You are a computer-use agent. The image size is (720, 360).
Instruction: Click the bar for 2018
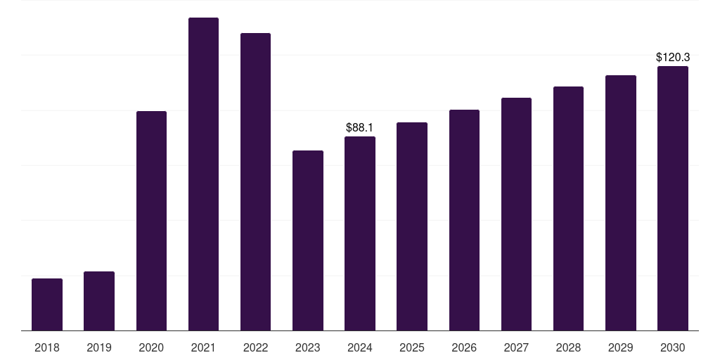[47, 304]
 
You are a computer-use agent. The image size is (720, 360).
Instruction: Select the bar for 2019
[99, 301]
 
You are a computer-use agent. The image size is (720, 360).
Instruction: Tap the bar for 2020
[151, 221]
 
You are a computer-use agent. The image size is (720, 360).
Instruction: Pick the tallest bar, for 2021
[203, 174]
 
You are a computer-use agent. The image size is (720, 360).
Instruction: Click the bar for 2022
[255, 182]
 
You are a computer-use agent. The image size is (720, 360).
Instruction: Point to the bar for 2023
[308, 240]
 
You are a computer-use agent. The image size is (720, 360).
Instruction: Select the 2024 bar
[360, 233]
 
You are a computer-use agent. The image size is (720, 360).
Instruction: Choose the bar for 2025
[412, 226]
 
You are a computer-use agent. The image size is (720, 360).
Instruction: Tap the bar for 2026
[464, 220]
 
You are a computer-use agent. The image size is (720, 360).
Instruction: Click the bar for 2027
[516, 214]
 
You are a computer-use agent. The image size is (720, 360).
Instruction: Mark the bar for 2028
[568, 209]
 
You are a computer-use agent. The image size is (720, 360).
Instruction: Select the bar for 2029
[621, 203]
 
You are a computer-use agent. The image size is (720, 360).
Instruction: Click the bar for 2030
[673, 198]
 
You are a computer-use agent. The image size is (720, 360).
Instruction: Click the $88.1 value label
[359, 127]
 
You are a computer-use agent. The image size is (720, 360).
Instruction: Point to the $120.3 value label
[672, 57]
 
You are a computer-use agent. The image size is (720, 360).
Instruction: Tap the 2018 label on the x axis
[47, 347]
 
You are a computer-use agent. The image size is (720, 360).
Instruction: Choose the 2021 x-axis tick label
[203, 347]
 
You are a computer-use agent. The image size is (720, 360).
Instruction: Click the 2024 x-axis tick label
[360, 347]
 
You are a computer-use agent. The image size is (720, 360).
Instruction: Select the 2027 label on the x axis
[516, 347]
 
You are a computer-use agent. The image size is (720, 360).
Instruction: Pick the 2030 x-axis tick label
[673, 347]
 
